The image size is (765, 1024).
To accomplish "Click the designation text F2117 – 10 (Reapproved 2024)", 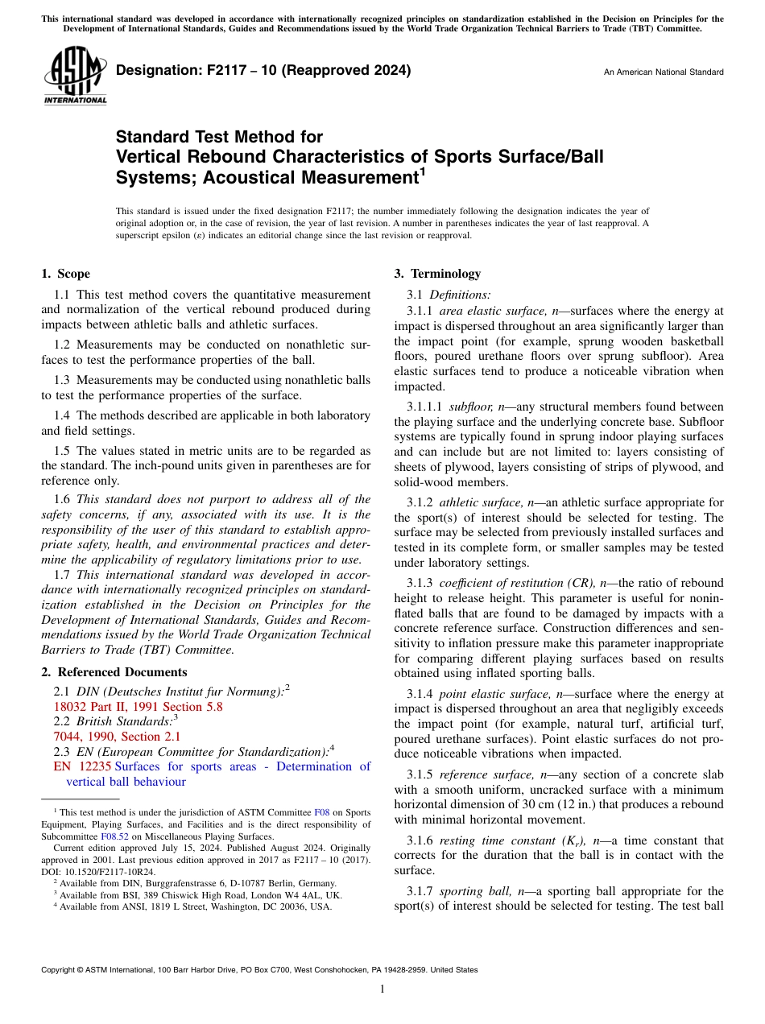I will click(263, 70).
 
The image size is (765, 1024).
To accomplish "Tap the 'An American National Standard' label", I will click(663, 72).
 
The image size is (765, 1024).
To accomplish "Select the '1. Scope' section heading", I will click(66, 274).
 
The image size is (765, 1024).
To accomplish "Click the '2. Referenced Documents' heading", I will click(114, 672).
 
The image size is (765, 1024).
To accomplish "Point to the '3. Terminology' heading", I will click(437, 274).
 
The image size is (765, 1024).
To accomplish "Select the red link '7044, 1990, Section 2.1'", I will click(117, 737).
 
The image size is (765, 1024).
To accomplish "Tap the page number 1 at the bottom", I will click(382, 989).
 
